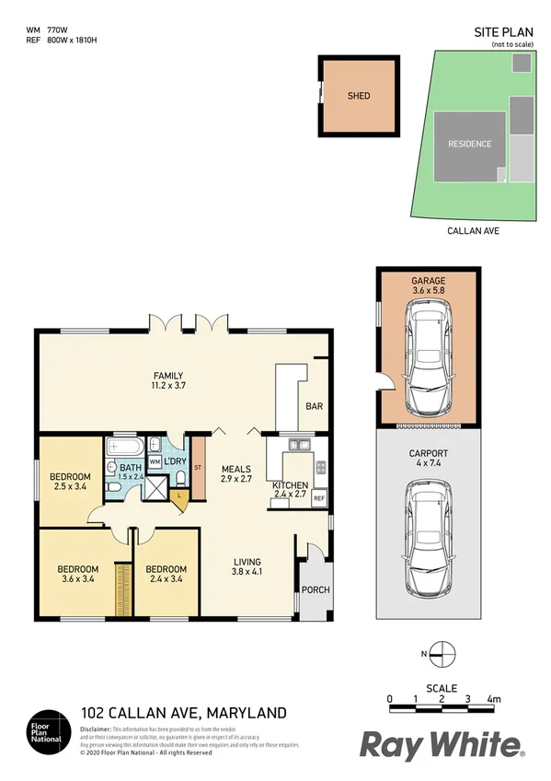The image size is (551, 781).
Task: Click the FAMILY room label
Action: (168, 376)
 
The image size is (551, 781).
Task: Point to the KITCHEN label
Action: (289, 485)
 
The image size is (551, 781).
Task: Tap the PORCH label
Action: (315, 589)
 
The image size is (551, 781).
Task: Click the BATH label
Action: (124, 469)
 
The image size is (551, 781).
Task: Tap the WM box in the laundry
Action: (155, 460)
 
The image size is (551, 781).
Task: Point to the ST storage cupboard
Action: (197, 468)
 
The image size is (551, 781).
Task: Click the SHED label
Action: (359, 96)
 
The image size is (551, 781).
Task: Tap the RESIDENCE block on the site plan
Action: (469, 145)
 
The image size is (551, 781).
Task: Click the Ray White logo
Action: (441, 743)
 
